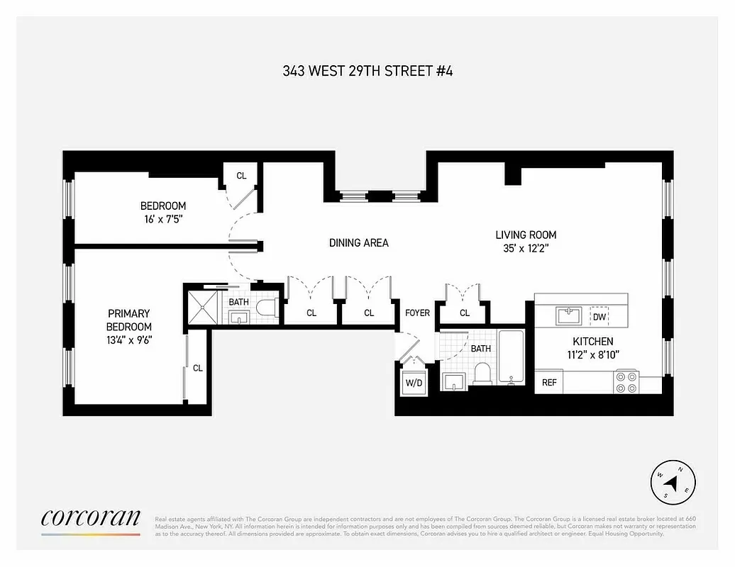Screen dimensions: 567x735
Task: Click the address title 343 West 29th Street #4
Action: (367, 71)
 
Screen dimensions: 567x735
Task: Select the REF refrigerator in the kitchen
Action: (549, 383)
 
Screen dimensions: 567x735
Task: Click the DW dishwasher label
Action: (599, 318)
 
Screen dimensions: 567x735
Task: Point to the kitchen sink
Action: (568, 315)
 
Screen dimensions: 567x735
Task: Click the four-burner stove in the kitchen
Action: (626, 382)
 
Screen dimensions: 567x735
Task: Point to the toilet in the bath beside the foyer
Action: (482, 374)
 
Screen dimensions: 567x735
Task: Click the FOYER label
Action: (417, 313)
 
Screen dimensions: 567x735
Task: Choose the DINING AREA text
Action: (358, 243)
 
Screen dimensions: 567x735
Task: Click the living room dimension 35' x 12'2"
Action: (525, 248)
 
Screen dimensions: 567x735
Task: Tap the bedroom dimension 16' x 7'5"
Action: (163, 220)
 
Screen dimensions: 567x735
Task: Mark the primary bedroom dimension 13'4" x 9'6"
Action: (128, 339)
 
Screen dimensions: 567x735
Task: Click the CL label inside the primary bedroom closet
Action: (198, 368)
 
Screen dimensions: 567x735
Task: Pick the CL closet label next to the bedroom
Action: (241, 176)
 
